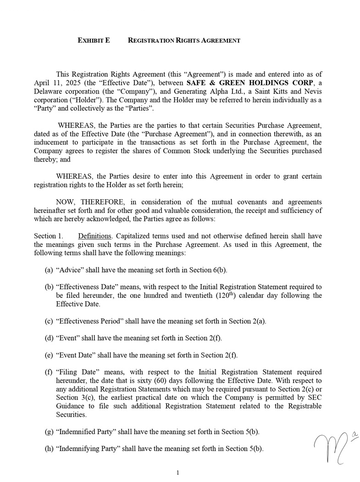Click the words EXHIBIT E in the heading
(x=94, y=40)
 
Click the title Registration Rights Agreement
(x=184, y=40)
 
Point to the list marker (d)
(x=49, y=338)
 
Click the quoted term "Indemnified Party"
(x=86, y=432)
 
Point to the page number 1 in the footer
(x=177, y=473)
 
